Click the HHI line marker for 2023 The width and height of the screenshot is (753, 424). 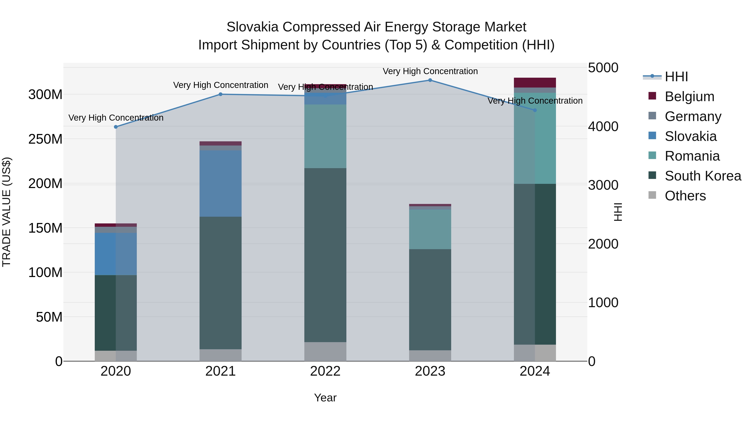(x=430, y=80)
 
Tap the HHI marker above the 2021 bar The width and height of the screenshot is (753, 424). (x=221, y=94)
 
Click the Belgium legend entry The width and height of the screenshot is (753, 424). (x=689, y=97)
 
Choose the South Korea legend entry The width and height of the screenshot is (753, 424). (x=703, y=176)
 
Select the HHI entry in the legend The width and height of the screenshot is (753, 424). (x=676, y=77)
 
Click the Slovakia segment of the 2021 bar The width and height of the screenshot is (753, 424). (x=221, y=183)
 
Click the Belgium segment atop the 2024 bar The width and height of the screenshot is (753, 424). (x=535, y=82)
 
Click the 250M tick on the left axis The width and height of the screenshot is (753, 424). (x=45, y=139)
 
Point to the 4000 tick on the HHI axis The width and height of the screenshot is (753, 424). (x=603, y=127)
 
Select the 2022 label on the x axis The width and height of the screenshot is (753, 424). (x=325, y=371)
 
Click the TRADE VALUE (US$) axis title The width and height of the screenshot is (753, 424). (x=7, y=212)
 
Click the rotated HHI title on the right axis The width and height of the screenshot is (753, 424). (x=618, y=212)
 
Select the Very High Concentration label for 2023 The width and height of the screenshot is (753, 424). (x=430, y=71)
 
